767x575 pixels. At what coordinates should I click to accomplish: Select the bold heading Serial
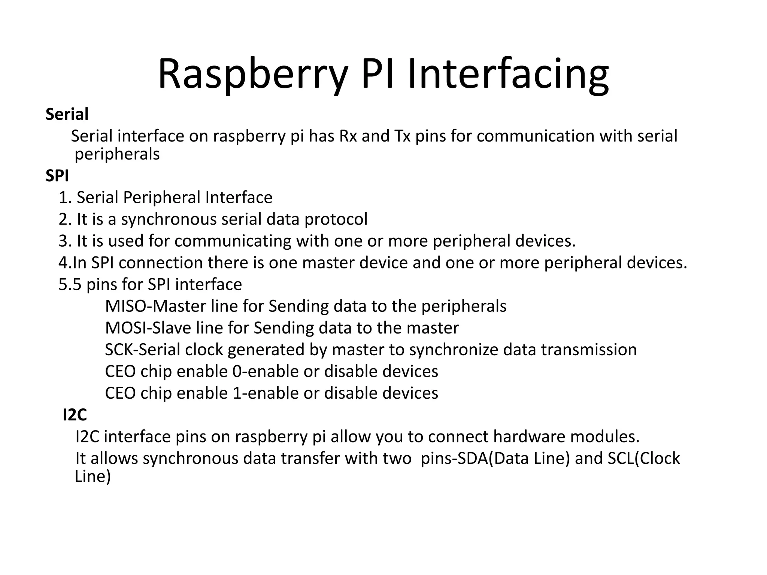67,114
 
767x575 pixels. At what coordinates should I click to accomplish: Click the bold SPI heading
57,176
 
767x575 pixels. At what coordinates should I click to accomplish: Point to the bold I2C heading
75,415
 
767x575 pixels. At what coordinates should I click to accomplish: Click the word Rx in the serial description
348,136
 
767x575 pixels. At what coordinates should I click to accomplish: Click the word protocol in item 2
336,219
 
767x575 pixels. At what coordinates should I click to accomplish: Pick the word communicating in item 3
233,241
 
